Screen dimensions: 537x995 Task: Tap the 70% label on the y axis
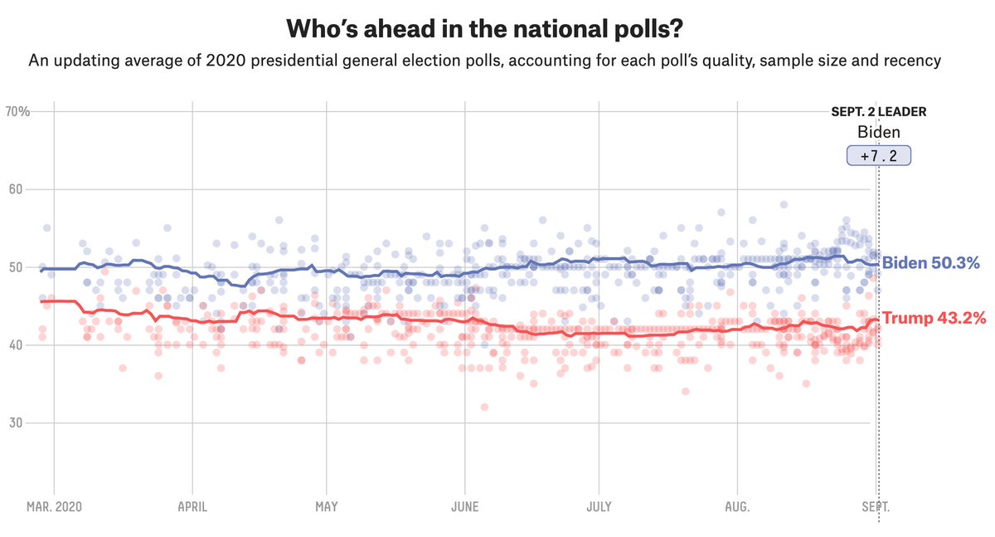click(x=17, y=111)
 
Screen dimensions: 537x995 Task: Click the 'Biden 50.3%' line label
click(x=930, y=263)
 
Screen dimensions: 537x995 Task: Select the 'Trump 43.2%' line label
click(x=932, y=319)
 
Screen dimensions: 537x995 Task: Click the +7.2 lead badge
click(x=878, y=155)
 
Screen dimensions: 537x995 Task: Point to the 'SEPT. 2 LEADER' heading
click(x=878, y=111)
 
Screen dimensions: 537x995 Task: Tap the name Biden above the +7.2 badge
click(x=878, y=132)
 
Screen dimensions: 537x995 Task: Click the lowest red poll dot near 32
click(x=484, y=407)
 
